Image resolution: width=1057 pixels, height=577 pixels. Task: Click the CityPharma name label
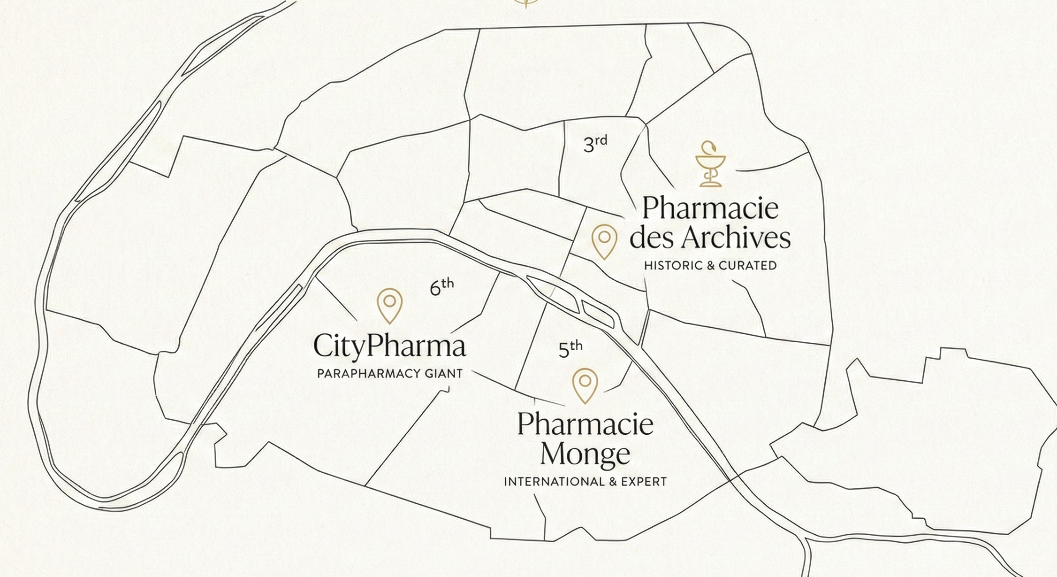pyautogui.click(x=389, y=346)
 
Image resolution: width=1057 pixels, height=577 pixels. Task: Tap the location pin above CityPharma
pyautogui.click(x=389, y=304)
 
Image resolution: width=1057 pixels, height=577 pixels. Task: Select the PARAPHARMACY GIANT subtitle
pyautogui.click(x=390, y=374)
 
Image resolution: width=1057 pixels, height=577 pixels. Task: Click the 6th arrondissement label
pyautogui.click(x=441, y=286)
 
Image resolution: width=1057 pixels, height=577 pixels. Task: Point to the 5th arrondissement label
pyautogui.click(x=570, y=349)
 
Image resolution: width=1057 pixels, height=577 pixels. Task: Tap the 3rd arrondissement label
pyautogui.click(x=595, y=143)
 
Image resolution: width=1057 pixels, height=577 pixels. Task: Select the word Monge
pyautogui.click(x=585, y=454)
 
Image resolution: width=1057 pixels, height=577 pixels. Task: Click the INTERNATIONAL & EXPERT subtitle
pyautogui.click(x=585, y=482)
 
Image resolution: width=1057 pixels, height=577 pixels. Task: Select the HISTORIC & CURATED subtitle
pyautogui.click(x=710, y=265)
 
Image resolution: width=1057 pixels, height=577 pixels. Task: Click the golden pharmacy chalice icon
pyautogui.click(x=710, y=164)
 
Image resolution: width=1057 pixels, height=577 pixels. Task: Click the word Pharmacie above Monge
pyautogui.click(x=585, y=424)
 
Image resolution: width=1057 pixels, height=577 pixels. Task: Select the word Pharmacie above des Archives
pyautogui.click(x=710, y=208)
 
